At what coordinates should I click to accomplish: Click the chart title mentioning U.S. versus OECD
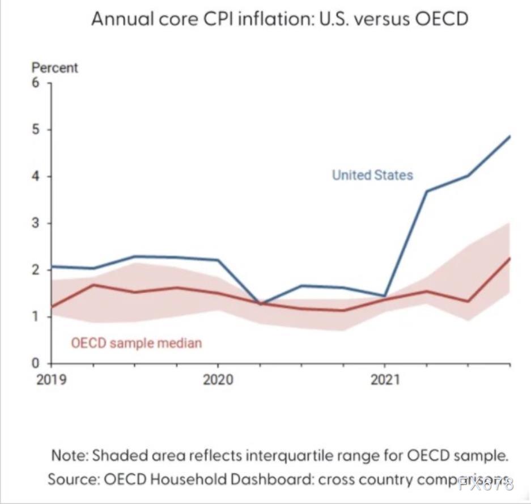click(x=280, y=19)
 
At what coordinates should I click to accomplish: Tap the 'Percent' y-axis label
click(x=54, y=68)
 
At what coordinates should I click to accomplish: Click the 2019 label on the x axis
click(x=51, y=379)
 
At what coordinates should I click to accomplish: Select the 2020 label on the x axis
click(x=218, y=379)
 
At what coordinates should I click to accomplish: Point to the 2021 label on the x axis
click(x=385, y=379)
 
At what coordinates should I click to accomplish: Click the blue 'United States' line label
click(x=372, y=175)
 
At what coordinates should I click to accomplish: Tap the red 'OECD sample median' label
click(x=136, y=343)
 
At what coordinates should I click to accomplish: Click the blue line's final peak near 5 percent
click(x=509, y=137)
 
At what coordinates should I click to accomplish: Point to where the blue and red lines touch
click(x=260, y=304)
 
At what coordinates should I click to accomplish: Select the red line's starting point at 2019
click(x=52, y=307)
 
